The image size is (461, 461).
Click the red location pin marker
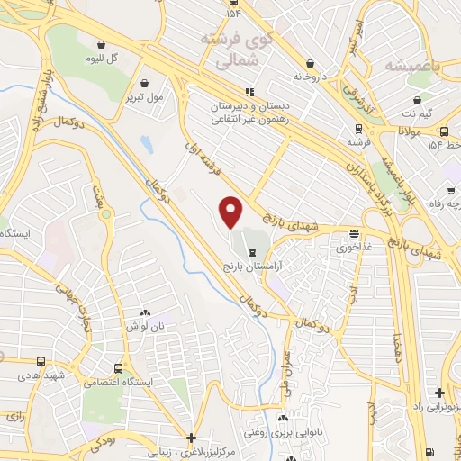point(231,212)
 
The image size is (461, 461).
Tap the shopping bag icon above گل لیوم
point(100,44)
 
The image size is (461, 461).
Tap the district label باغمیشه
point(411,66)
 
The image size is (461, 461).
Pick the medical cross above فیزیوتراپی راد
point(437,393)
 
